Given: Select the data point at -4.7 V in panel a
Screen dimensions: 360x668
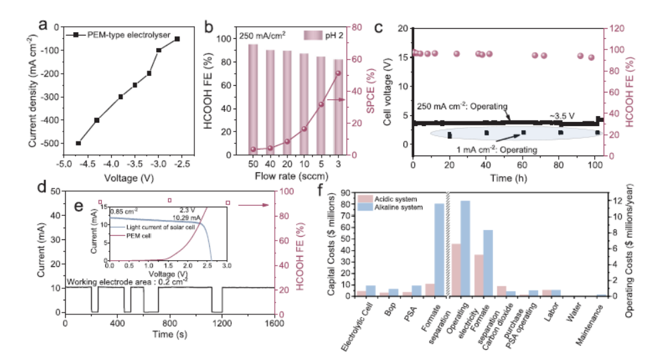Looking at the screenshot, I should point(78,143).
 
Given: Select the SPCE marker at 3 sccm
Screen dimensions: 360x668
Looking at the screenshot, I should point(338,73).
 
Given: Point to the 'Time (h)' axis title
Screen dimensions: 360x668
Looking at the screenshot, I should point(508,177).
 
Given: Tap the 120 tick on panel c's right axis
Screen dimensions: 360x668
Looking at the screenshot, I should point(613,29).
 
